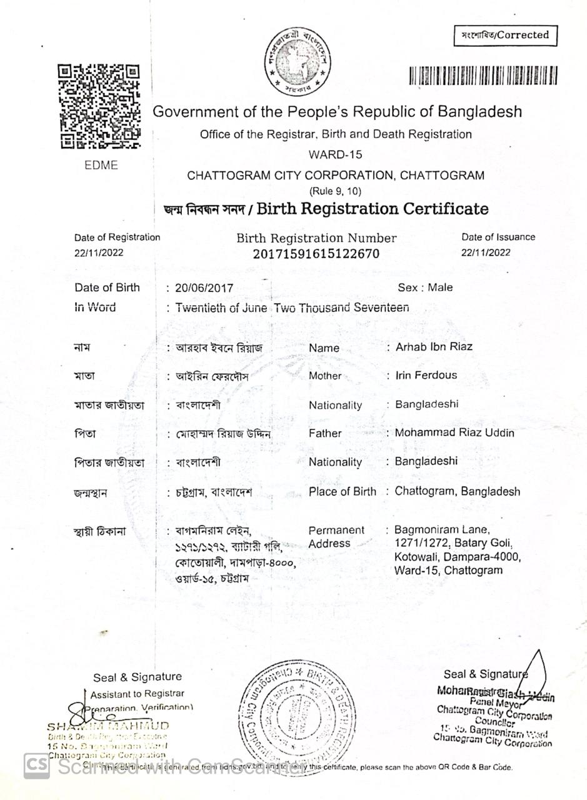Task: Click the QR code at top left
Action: (99, 106)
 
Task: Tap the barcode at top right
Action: (483, 76)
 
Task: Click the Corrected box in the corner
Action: (505, 36)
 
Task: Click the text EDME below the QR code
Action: (101, 166)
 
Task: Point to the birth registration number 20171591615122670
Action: (316, 254)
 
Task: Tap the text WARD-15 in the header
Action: (335, 154)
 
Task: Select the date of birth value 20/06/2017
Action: (204, 288)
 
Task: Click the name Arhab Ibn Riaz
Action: (434, 346)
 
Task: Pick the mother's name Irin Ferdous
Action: (426, 375)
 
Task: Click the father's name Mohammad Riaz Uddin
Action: (454, 432)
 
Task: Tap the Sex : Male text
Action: (425, 287)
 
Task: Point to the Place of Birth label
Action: (342, 492)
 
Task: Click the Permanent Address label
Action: (336, 537)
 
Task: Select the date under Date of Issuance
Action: (486, 252)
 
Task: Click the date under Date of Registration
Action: (99, 252)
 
